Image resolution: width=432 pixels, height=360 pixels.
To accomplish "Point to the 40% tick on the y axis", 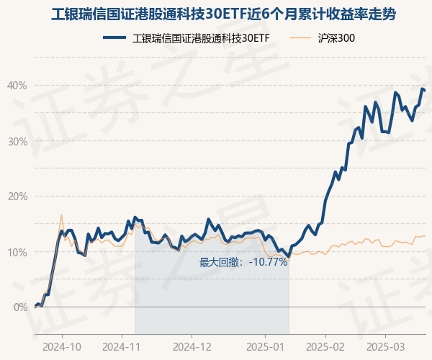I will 17,86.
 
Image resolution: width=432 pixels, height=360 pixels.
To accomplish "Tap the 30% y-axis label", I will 17,141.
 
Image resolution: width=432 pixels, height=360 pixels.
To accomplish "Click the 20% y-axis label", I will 17,197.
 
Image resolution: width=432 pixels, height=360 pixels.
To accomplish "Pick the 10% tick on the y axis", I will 17,252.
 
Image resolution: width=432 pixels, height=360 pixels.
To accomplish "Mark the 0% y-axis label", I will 20,307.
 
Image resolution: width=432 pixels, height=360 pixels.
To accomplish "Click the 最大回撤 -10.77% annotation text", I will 243,262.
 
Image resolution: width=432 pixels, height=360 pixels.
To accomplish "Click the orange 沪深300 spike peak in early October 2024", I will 61,215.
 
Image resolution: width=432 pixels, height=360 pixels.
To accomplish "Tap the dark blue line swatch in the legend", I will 116,38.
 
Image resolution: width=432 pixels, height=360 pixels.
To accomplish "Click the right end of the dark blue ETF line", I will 425,91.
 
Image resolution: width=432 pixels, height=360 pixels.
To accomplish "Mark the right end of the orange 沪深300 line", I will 425,235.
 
